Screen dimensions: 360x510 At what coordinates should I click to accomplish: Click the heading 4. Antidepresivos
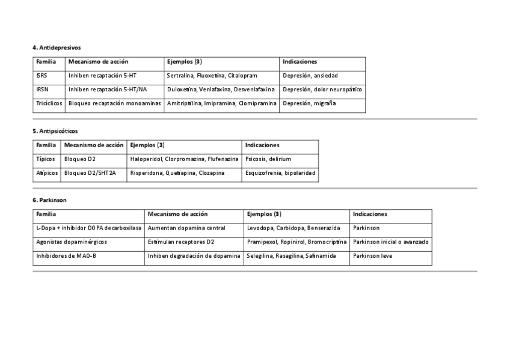57,47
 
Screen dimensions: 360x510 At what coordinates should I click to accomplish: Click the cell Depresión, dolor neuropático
322,90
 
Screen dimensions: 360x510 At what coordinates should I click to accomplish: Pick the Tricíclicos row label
49,103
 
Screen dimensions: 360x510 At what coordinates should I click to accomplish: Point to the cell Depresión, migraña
309,103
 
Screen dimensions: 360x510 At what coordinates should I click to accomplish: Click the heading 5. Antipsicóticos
55,130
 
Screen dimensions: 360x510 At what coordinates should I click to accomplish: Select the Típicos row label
45,159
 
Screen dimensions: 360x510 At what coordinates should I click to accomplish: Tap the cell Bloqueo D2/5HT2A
90,173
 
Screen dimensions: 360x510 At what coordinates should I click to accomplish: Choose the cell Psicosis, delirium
268,159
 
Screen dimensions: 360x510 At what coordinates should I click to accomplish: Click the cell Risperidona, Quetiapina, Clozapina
177,173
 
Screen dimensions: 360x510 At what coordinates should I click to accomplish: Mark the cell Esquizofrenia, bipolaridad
280,173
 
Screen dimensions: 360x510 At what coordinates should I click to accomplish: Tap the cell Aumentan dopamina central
186,228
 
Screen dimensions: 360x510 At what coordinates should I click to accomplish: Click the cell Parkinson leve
372,256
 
